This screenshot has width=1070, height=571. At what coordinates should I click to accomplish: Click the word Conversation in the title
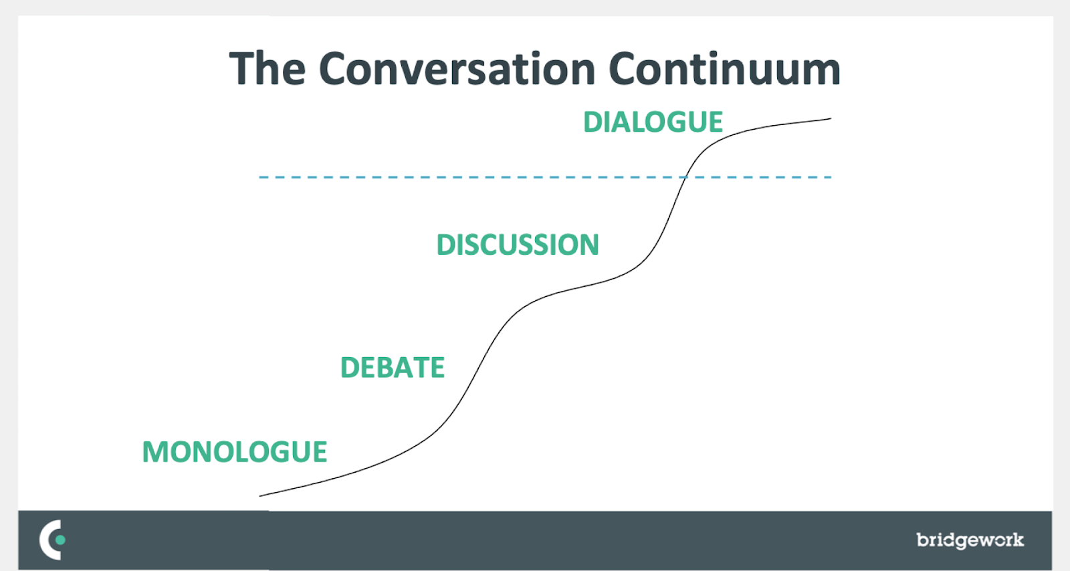(x=457, y=69)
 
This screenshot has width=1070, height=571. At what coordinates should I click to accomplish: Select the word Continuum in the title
(x=724, y=69)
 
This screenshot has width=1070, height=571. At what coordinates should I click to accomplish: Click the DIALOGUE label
(x=653, y=122)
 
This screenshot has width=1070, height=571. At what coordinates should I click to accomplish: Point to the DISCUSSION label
(x=518, y=245)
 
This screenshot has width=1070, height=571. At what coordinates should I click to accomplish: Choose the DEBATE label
(x=393, y=368)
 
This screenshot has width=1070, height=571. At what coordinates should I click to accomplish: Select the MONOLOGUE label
(x=235, y=452)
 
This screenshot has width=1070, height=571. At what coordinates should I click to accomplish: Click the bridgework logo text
(x=970, y=540)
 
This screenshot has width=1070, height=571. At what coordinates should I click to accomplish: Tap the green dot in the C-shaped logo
(x=61, y=540)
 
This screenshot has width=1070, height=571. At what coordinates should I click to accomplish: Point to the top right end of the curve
(x=831, y=119)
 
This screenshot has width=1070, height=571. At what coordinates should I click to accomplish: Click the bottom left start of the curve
(x=259, y=495)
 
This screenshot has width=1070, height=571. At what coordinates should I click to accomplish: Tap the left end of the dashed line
(x=260, y=177)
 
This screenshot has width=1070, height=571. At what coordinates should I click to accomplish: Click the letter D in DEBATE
(x=350, y=368)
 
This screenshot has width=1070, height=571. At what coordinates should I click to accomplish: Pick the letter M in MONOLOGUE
(x=155, y=452)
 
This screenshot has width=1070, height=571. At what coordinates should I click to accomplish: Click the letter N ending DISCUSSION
(x=588, y=245)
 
